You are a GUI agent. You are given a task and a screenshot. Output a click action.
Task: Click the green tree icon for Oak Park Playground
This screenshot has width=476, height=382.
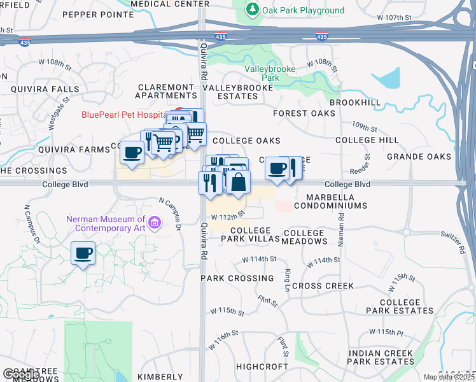253,10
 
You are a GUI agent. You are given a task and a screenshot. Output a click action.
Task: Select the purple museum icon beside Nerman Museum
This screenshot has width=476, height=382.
155,223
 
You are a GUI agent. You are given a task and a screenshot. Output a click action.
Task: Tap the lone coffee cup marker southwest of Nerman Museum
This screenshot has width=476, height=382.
83,253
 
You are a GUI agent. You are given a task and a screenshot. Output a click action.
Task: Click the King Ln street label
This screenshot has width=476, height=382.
288,277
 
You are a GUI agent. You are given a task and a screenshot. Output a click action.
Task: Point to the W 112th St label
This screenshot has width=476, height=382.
228,215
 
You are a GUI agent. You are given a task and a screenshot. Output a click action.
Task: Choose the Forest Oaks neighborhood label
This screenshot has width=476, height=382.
304,113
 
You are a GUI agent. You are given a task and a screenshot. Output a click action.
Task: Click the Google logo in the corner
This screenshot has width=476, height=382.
20,374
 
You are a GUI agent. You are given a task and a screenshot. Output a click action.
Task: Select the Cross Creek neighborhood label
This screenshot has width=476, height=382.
323,286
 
